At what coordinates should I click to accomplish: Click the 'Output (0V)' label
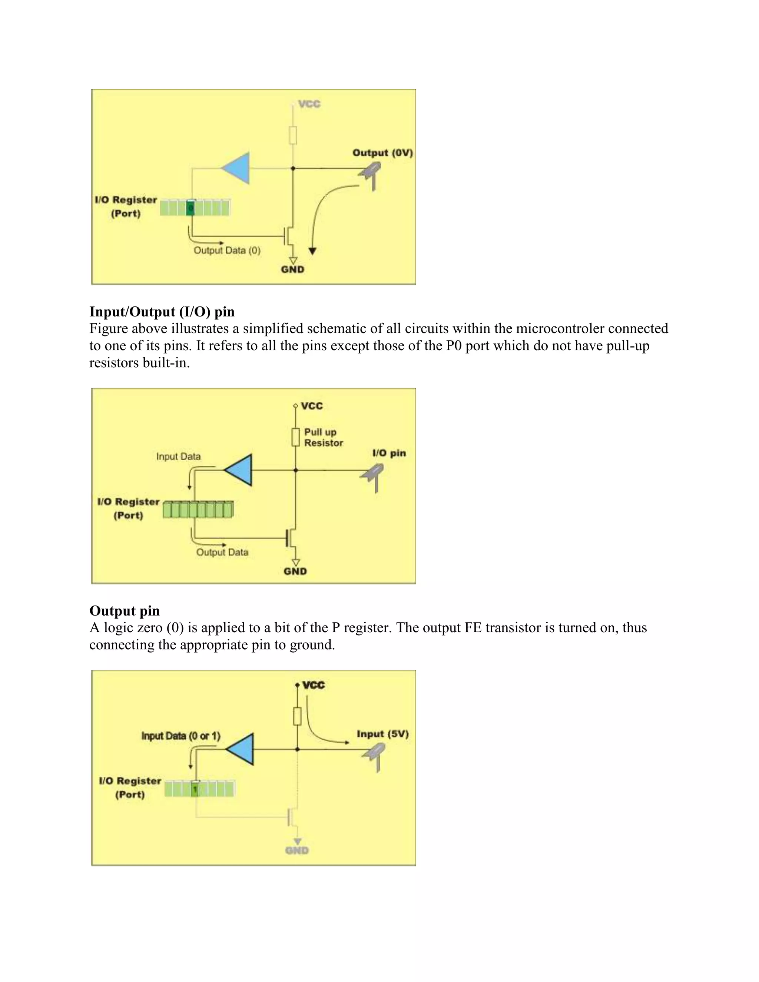(382, 153)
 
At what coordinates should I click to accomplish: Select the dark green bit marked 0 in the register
(190, 208)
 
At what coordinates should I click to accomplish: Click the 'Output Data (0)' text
(227, 251)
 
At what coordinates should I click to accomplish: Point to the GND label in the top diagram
(293, 269)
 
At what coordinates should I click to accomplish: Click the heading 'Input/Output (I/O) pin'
(162, 312)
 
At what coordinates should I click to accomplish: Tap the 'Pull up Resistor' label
(323, 438)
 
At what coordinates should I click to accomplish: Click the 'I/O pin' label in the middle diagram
(389, 453)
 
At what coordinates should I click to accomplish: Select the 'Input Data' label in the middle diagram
(179, 457)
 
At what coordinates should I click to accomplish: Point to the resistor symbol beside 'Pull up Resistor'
(295, 437)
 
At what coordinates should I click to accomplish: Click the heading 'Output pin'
(125, 611)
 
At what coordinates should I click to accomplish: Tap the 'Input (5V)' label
(382, 734)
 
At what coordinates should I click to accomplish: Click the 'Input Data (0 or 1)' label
(181, 736)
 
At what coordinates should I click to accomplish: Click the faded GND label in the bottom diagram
(297, 850)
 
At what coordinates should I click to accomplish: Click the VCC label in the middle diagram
(312, 406)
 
